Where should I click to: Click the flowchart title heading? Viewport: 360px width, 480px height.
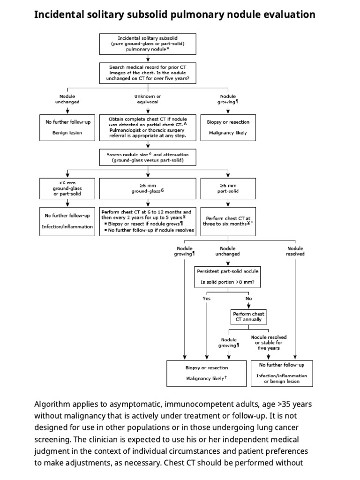click(175, 15)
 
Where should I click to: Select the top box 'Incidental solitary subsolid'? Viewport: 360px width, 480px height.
click(148, 43)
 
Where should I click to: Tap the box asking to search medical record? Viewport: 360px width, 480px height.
click(148, 72)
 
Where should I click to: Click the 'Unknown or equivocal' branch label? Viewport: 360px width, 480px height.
click(148, 99)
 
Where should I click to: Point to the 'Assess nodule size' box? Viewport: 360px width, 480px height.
click(148, 157)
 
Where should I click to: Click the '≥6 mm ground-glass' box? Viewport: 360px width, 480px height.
click(148, 188)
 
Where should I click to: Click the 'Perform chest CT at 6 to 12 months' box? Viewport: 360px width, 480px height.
click(148, 221)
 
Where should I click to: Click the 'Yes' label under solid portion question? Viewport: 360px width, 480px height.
click(207, 298)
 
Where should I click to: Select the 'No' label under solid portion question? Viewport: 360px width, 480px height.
click(248, 298)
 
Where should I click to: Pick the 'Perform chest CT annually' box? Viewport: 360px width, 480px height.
click(248, 317)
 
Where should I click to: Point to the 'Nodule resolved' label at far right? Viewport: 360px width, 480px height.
click(295, 251)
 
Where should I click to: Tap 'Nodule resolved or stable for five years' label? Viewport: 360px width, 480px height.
click(269, 343)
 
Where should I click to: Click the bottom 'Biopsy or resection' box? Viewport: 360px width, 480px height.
click(207, 373)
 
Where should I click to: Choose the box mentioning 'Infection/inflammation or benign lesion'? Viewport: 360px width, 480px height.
click(282, 373)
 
